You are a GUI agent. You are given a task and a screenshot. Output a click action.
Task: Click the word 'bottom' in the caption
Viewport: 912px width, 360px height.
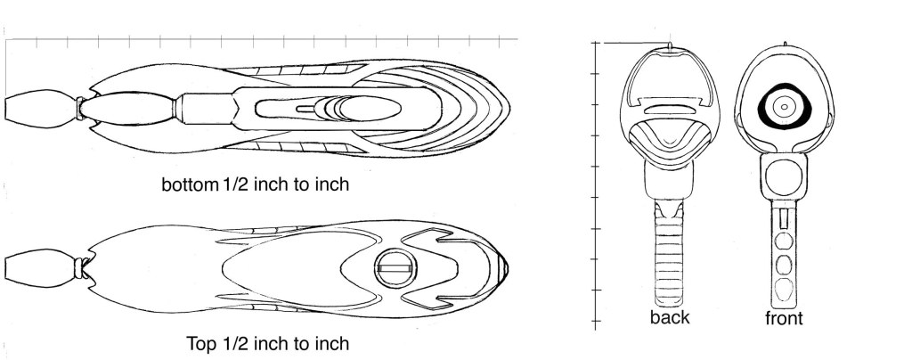click(189, 185)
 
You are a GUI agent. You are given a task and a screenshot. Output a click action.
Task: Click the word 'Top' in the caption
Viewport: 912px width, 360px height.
click(201, 344)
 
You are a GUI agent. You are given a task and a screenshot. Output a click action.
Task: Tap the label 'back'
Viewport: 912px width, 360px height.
click(670, 317)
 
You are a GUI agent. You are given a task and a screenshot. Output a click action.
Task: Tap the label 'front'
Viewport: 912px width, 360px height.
click(784, 319)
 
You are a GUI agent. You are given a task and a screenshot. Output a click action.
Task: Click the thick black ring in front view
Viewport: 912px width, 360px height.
click(761, 108)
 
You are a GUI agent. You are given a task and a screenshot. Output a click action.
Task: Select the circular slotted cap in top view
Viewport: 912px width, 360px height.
click(395, 268)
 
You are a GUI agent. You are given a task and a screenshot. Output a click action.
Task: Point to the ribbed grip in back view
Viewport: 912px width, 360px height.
click(669, 256)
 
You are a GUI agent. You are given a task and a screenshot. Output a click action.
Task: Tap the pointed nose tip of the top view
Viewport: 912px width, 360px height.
click(509, 268)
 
